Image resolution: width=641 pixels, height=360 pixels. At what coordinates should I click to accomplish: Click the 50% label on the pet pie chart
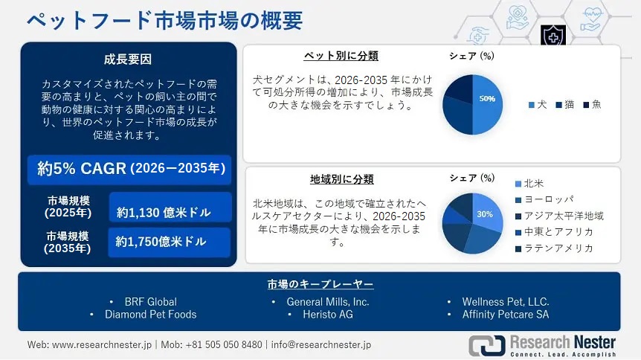(487, 99)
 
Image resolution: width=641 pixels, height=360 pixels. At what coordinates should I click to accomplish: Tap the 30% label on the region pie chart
(485, 213)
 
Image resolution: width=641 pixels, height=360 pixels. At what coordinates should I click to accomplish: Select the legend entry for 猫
(566, 105)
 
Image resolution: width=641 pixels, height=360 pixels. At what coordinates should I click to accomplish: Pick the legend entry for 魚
(593, 105)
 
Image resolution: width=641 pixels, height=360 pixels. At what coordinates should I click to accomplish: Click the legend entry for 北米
(532, 183)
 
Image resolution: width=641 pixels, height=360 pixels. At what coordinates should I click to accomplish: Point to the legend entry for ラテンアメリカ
(558, 248)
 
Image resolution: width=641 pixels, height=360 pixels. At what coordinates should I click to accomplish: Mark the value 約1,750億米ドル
(161, 242)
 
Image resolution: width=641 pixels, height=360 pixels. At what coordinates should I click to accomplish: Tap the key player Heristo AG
(327, 314)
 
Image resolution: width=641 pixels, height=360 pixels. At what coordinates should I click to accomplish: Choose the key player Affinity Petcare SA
(506, 314)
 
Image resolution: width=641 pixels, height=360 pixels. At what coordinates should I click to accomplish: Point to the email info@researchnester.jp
(321, 345)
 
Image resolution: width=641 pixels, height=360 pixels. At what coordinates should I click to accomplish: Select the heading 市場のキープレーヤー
(320, 284)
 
